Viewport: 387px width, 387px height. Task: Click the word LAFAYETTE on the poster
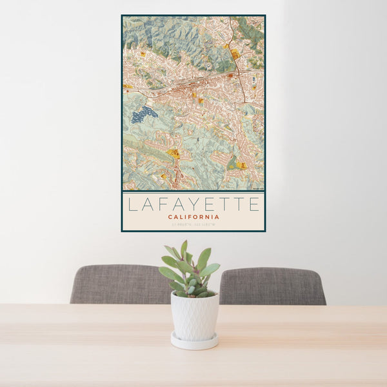tap(193, 204)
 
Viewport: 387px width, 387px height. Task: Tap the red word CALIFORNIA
tap(193, 217)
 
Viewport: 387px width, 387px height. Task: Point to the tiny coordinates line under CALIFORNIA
tap(193, 224)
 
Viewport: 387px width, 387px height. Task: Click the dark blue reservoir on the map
tap(144, 115)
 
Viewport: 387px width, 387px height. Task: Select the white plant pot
tap(194, 316)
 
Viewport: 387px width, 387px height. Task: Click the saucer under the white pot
tap(194, 342)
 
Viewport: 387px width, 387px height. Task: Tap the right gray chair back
tap(272, 286)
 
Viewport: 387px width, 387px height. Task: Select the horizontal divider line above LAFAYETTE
tap(193, 192)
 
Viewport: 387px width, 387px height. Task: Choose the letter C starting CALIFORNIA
tap(170, 217)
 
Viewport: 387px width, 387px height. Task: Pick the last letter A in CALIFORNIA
tap(217, 217)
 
